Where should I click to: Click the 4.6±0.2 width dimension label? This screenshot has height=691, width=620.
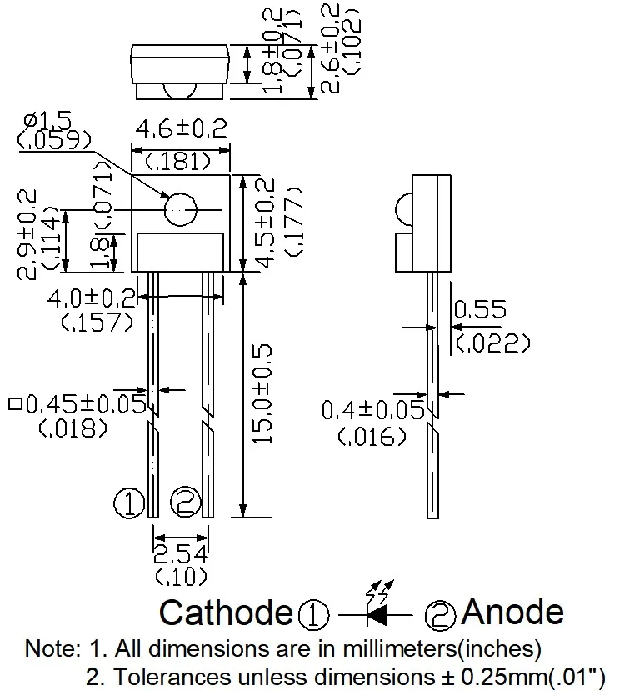click(181, 129)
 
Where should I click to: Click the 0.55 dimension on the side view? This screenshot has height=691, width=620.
click(479, 310)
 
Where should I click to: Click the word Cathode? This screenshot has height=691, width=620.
click(227, 613)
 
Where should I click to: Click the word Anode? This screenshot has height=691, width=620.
click(512, 612)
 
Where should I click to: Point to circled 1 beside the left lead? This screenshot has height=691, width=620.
click(129, 503)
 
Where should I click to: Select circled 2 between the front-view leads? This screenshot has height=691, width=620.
click(185, 502)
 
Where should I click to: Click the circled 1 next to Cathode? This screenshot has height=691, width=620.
click(314, 615)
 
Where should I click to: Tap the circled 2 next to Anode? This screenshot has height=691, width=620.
click(441, 614)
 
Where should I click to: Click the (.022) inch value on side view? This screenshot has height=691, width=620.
click(493, 341)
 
